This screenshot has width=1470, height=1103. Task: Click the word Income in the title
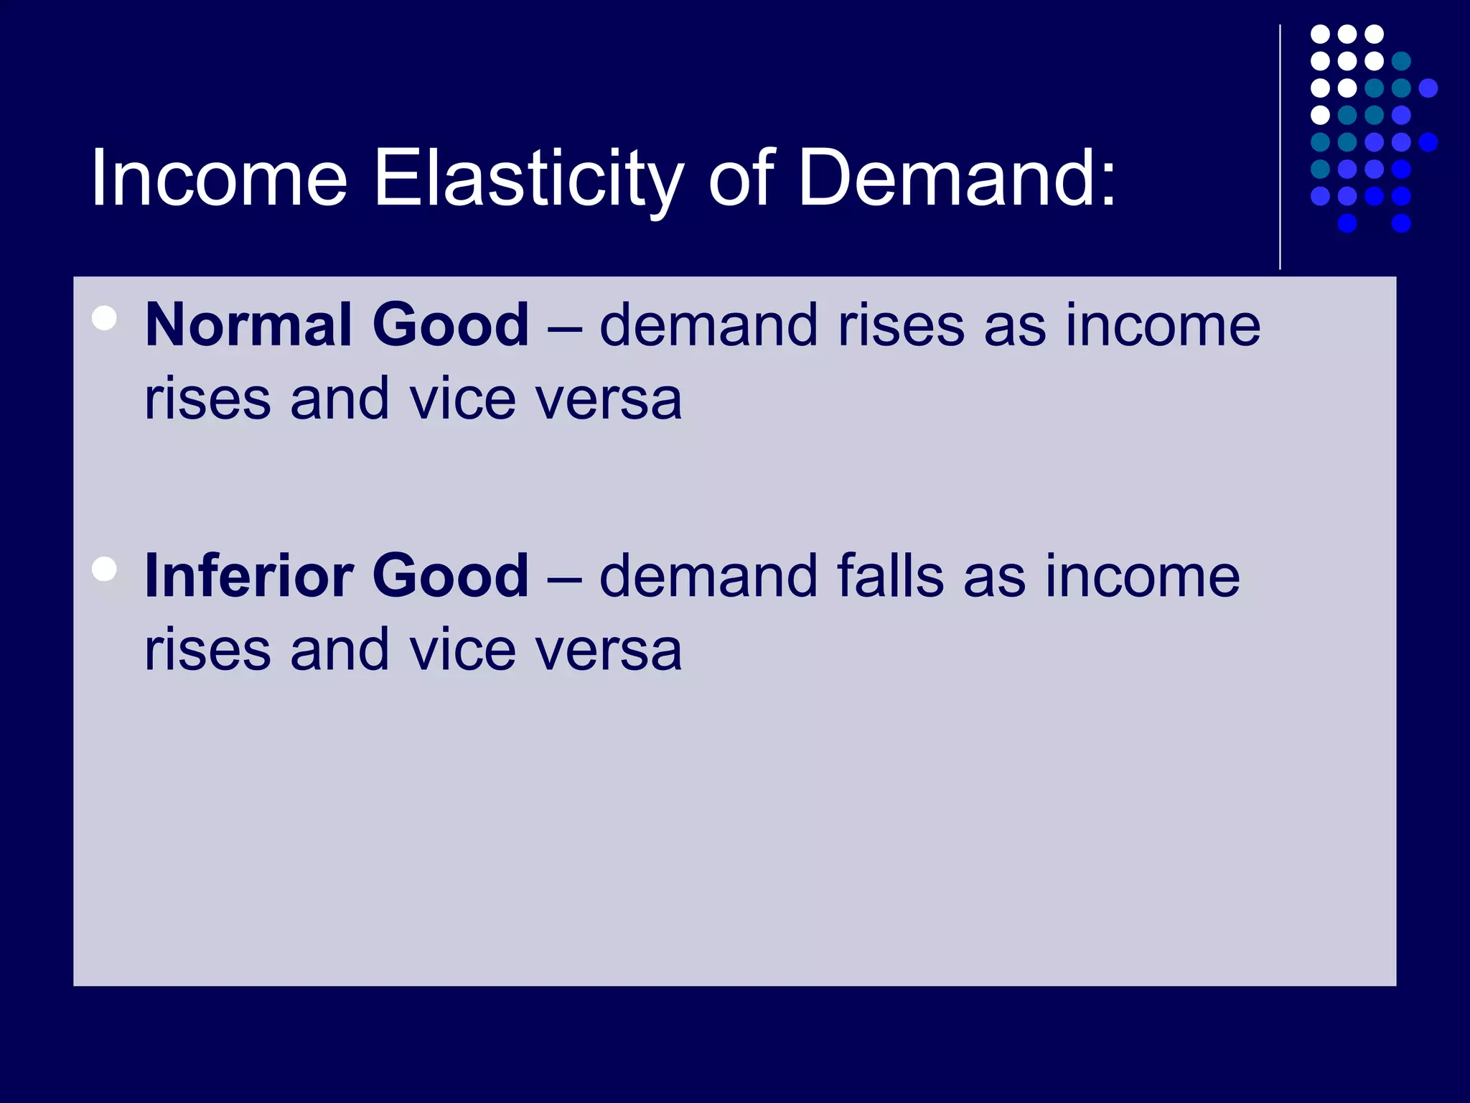tap(219, 178)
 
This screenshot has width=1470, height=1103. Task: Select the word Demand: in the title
tap(957, 178)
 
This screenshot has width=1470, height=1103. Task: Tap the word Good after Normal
tap(450, 325)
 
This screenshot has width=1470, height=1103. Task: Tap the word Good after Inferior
tap(450, 576)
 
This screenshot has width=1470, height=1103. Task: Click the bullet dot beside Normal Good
tap(105, 318)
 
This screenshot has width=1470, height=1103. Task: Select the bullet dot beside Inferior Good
tap(105, 569)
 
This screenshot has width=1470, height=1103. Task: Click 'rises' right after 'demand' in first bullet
tap(901, 325)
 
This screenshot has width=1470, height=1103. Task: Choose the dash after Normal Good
tap(564, 327)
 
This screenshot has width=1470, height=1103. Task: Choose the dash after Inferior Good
tap(564, 577)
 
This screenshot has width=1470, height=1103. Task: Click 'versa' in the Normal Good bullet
tap(610, 400)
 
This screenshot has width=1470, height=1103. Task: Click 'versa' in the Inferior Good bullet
tap(610, 651)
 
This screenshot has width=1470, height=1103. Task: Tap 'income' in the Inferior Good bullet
tap(1142, 576)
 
